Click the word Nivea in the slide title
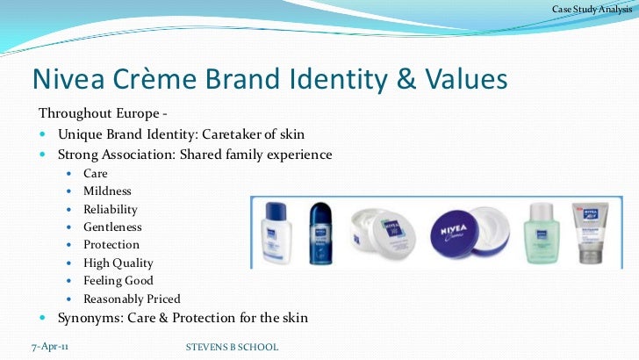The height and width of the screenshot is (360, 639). pyautogui.click(x=68, y=79)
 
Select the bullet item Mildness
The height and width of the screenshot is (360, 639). pyautogui.click(x=107, y=191)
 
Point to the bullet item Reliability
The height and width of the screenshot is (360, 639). pyautogui.click(x=111, y=209)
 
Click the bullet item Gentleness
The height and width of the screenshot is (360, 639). pyautogui.click(x=112, y=227)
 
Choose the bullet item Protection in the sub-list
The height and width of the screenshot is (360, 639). pyautogui.click(x=111, y=245)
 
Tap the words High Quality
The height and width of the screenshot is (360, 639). pyautogui.click(x=118, y=263)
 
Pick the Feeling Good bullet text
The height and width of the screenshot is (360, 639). pyautogui.click(x=118, y=281)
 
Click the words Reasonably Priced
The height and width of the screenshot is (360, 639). pyautogui.click(x=132, y=299)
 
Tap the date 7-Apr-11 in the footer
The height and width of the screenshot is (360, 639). pyautogui.click(x=49, y=347)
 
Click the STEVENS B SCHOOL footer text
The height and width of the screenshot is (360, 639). pyautogui.click(x=232, y=348)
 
